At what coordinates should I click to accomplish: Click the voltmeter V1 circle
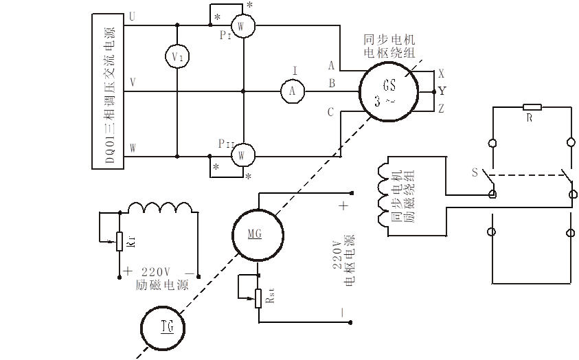point(177,57)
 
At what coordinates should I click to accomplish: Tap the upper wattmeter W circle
point(241,25)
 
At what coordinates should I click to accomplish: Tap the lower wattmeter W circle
point(241,155)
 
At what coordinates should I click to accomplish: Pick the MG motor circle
point(256,234)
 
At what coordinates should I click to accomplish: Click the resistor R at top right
point(532,107)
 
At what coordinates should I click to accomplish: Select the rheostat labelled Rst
point(259,298)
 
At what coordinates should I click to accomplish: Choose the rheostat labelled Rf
point(120,241)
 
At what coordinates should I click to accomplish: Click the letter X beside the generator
point(441,72)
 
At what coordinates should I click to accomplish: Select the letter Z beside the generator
point(441,109)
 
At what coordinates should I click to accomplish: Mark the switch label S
point(473,172)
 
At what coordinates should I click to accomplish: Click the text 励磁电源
point(162,284)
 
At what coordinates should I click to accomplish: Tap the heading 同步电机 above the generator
point(389,39)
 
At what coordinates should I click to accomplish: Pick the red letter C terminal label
point(332,113)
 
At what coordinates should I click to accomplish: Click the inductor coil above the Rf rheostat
point(161,208)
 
